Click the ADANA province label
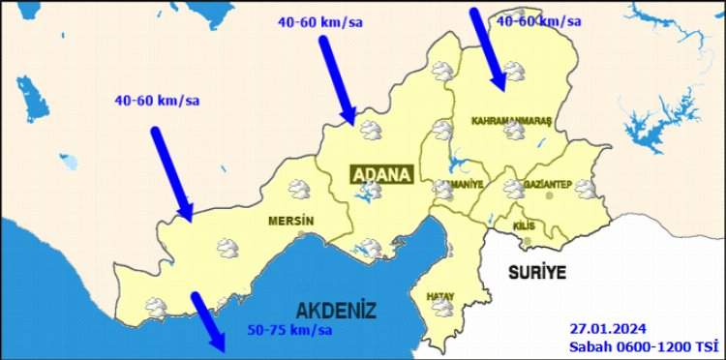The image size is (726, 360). coord(381,174)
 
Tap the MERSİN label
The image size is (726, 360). coord(290,220)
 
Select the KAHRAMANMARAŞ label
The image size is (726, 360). coord(510,121)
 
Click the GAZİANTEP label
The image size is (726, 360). coord(548,185)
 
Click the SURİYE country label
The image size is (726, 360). coord(536,272)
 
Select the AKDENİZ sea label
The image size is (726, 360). coord(335,310)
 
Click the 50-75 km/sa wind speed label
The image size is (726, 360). coord(289,330)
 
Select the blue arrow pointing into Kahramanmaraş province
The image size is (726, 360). coord(487,44)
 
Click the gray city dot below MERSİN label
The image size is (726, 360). coord(302,233)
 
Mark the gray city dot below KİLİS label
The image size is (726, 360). coord(540,231)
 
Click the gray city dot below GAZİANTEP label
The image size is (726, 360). coord(550,195)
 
